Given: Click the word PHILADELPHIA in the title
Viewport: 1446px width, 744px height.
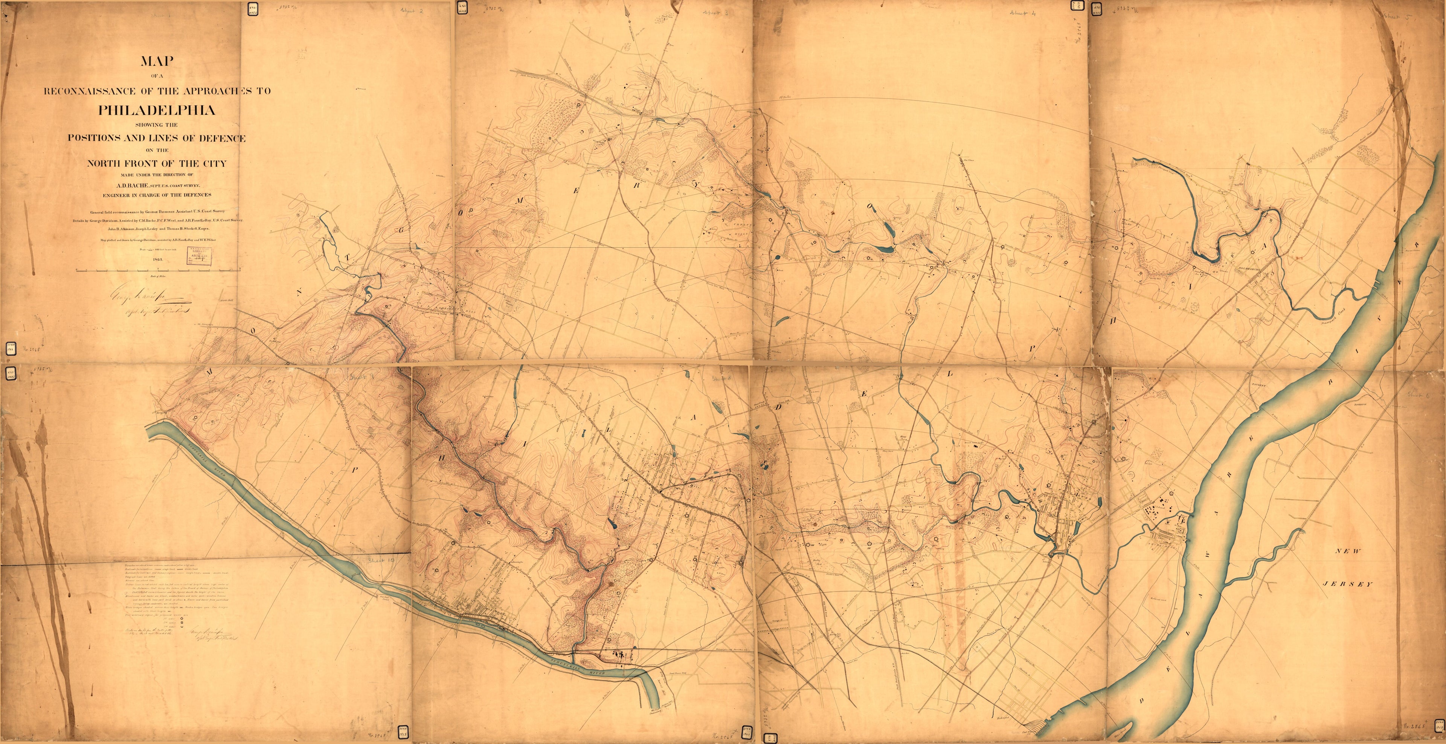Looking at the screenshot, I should tap(157, 110).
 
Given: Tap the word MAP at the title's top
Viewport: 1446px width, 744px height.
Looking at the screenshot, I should tap(157, 61).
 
